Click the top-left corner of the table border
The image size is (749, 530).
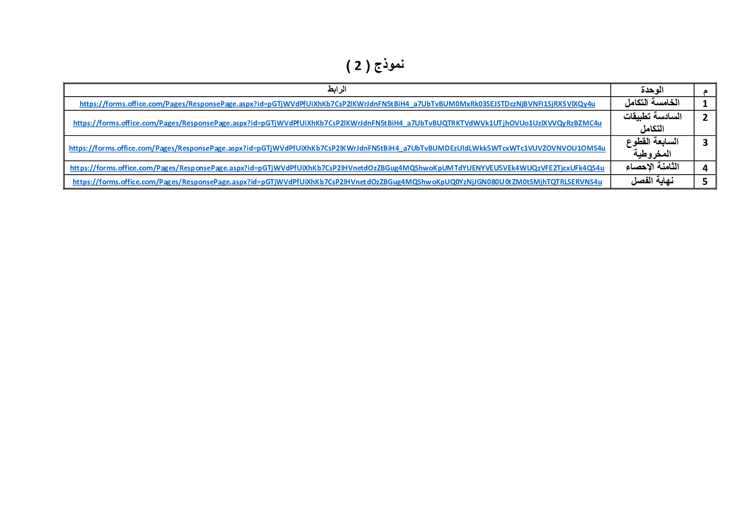point(64,83)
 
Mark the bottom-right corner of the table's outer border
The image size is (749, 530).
point(716,189)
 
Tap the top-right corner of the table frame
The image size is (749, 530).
point(716,83)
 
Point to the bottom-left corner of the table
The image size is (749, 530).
point(64,189)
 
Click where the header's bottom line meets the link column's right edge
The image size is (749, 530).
point(611,97)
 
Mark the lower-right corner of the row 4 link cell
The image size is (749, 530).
point(611,174)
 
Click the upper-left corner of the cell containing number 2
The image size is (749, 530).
point(694,111)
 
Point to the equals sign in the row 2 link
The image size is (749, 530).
point(259,123)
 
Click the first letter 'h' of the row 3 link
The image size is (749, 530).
point(71,148)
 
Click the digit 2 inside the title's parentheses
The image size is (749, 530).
point(358,66)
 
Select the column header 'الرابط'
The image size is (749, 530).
point(337,89)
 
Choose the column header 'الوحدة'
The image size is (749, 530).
point(652,90)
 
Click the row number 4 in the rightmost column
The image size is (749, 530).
point(705,168)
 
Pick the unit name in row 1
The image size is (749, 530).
point(652,103)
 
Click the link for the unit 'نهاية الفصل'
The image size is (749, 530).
point(337,182)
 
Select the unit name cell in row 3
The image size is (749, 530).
point(652,148)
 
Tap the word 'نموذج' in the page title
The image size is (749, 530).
point(389,64)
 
